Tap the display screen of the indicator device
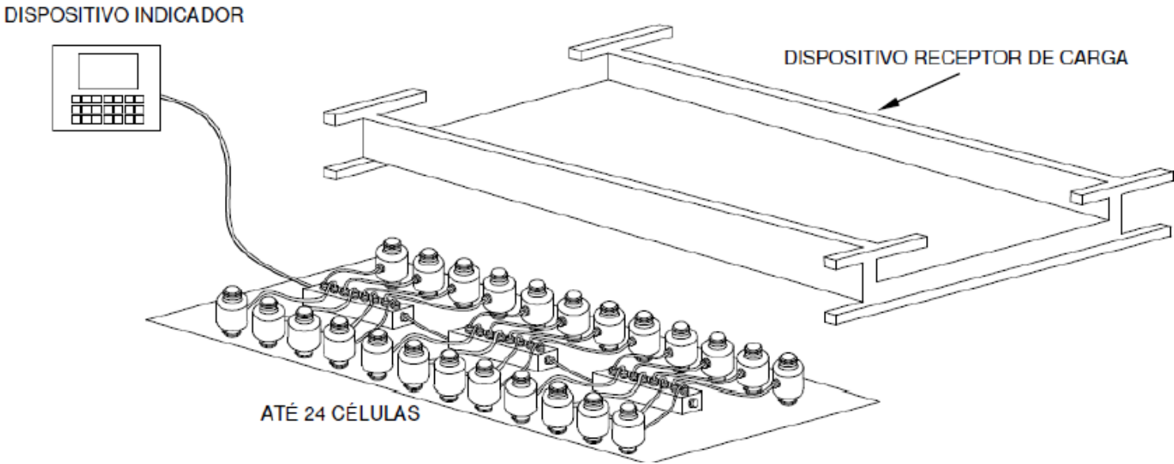[x=109, y=70]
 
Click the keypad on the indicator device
[x=108, y=109]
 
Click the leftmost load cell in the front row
[x=231, y=312]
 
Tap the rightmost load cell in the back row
[x=788, y=378]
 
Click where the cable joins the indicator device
[x=162, y=97]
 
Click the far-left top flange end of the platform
[x=329, y=119]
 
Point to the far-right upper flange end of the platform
[x=1168, y=177]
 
